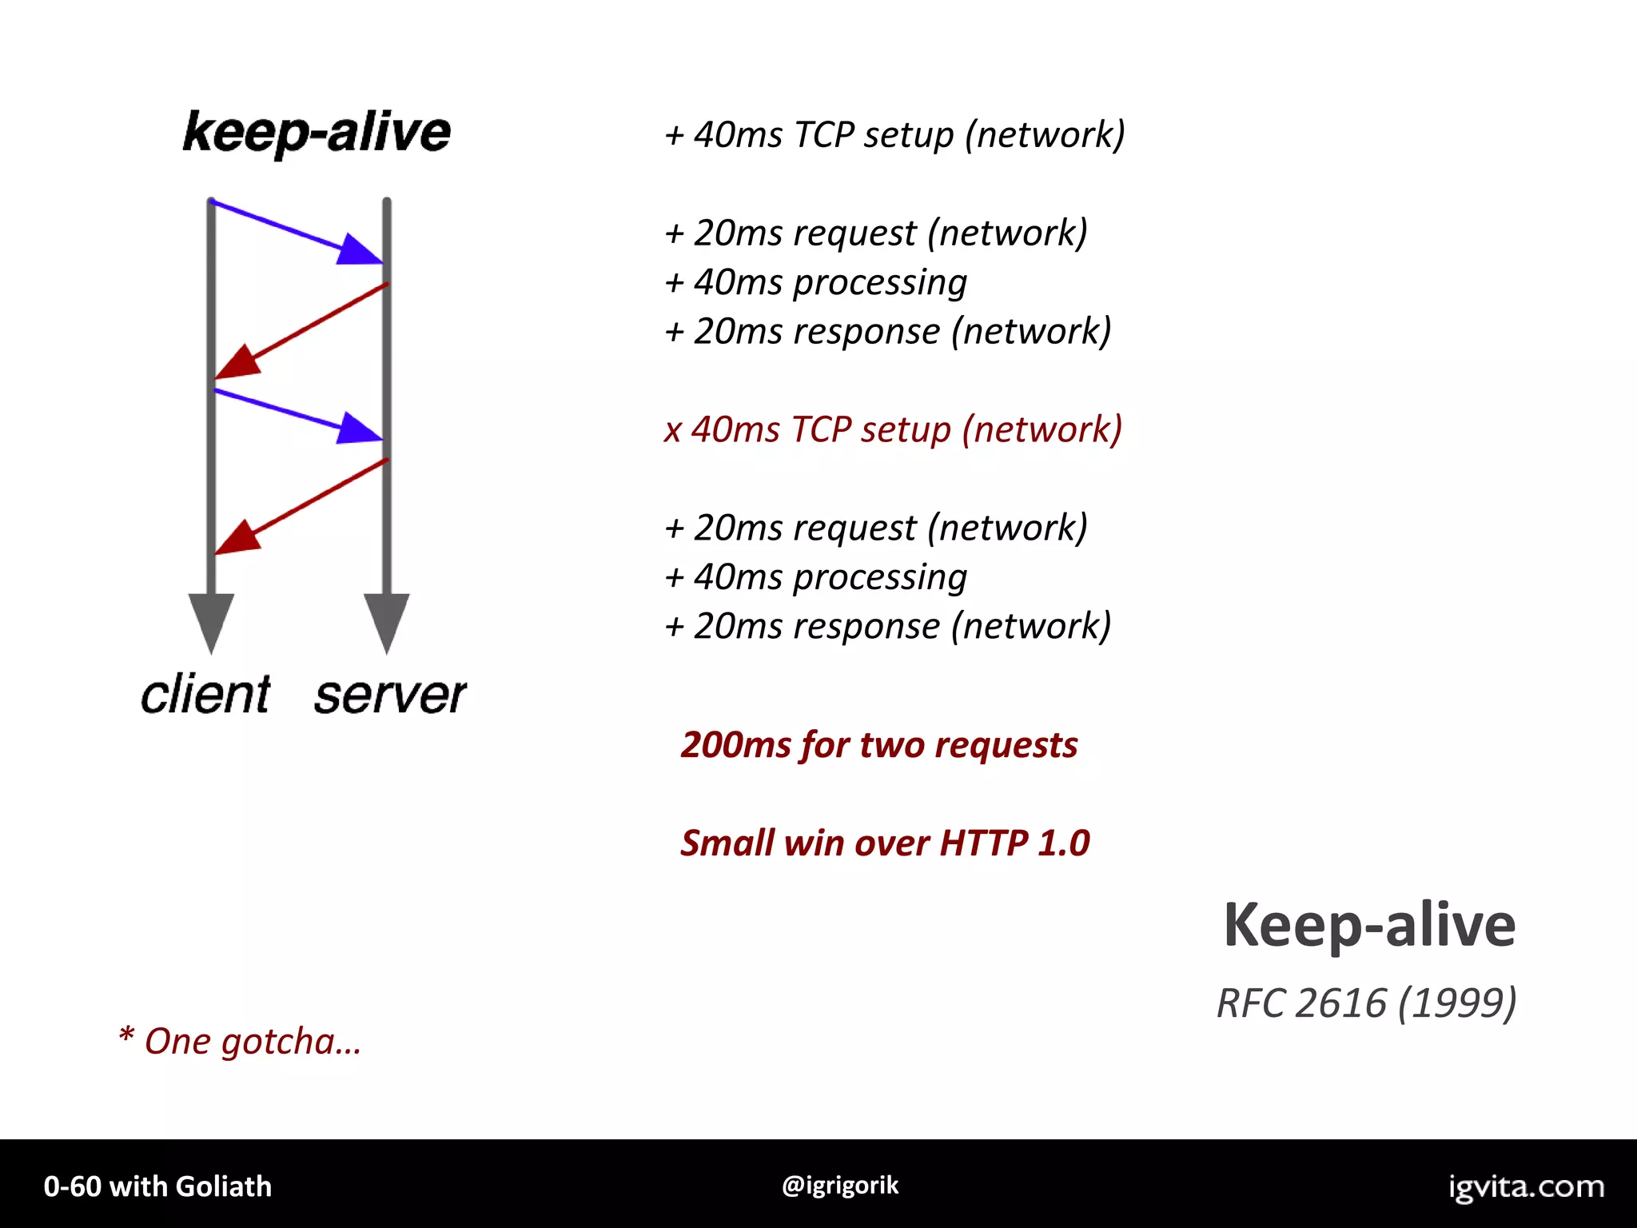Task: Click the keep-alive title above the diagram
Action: tap(317, 132)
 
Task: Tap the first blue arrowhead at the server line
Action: tap(358, 249)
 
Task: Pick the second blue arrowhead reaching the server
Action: tap(358, 429)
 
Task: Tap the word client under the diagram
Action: tap(205, 694)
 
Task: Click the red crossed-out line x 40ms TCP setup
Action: tap(893, 430)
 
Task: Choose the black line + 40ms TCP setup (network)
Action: tap(894, 134)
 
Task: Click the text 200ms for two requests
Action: tap(878, 745)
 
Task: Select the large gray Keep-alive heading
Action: tap(1368, 925)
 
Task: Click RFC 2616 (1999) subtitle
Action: tap(1366, 1003)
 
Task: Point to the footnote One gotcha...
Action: tap(240, 1042)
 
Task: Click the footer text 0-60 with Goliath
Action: tap(157, 1186)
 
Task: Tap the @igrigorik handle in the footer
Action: tap(840, 1185)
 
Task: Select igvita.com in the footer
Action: tap(1526, 1186)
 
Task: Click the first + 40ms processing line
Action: tap(816, 283)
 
